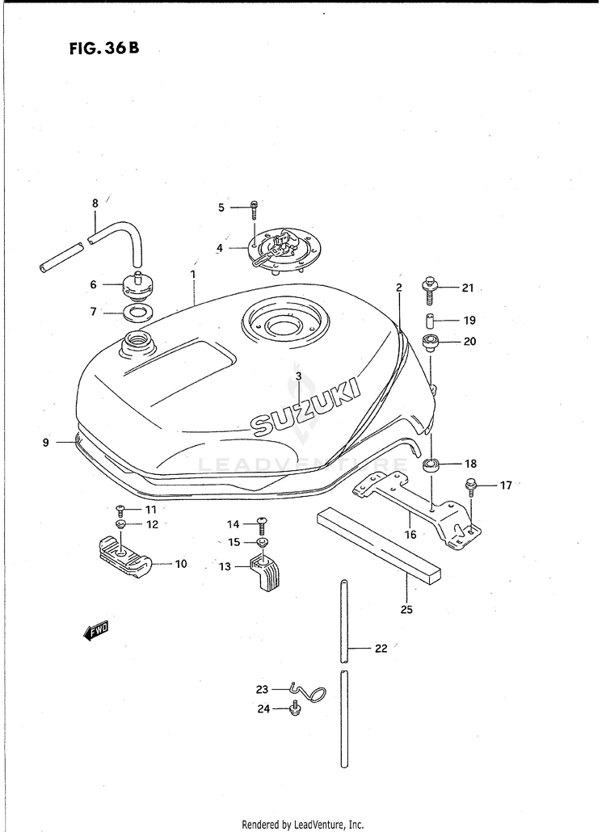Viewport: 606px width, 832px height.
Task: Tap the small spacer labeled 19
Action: pos(431,319)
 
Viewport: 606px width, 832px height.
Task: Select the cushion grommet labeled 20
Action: pos(430,341)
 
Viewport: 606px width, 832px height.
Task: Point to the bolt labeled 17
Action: pos(469,486)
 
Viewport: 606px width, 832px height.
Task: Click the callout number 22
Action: pos(381,648)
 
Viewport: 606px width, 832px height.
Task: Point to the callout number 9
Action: pos(46,442)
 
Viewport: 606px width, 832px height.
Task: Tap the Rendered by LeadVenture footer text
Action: pos(303,825)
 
